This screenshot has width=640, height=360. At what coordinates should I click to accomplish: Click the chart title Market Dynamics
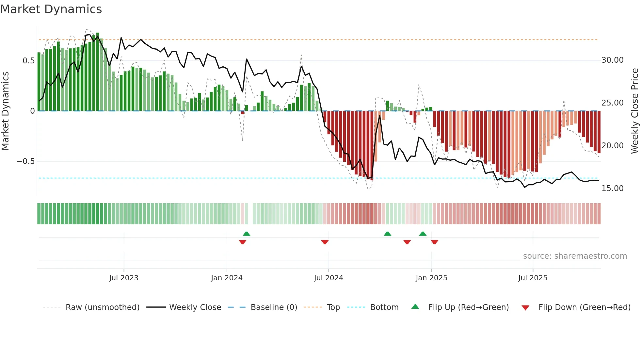click(x=51, y=9)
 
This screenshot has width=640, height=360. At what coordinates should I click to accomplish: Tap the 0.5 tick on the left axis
click(x=28, y=61)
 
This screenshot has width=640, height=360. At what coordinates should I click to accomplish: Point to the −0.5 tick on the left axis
click(x=25, y=161)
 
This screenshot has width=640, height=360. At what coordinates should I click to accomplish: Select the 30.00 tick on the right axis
click(x=612, y=60)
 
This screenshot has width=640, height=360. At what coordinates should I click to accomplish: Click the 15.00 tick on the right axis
click(x=612, y=188)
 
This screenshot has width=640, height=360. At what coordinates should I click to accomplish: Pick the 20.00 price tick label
click(x=612, y=146)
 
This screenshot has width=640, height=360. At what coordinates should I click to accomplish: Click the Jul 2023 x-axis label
click(x=124, y=278)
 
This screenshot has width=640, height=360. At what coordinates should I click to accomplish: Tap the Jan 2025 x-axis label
click(x=431, y=278)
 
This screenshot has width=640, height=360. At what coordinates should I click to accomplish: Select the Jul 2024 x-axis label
click(x=328, y=278)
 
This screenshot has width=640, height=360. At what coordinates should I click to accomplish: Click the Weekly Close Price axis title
click(x=634, y=111)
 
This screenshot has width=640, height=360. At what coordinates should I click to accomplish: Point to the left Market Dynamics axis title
click(x=5, y=111)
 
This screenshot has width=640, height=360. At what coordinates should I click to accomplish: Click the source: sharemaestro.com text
click(x=575, y=256)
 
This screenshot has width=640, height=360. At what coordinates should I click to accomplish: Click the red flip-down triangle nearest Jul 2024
click(x=325, y=242)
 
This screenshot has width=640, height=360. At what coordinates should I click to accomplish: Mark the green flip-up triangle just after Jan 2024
click(x=247, y=234)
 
